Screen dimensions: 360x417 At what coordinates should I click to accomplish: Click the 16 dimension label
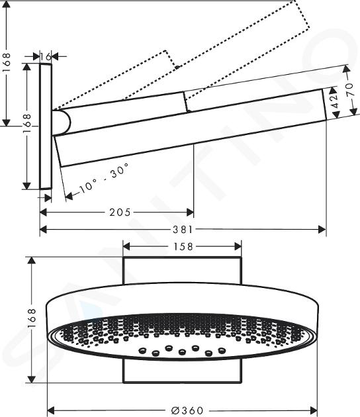coord(46,56)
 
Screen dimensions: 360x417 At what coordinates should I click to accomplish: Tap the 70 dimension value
coord(351,89)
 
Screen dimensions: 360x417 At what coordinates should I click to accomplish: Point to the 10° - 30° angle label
coord(105,177)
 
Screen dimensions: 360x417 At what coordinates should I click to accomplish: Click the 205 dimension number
coord(120,212)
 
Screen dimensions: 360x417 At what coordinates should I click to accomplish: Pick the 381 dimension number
coord(183,229)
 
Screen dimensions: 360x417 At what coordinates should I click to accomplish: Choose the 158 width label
coord(183,246)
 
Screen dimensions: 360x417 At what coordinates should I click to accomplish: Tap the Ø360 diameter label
coord(187,410)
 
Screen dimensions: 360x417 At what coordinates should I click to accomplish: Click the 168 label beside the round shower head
coord(31,318)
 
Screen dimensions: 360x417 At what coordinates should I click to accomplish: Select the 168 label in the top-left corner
coord(7,62)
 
